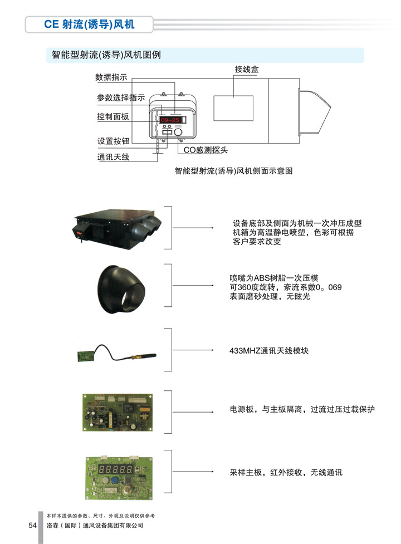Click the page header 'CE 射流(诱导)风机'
point(89,24)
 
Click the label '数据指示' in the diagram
point(111,77)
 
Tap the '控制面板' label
point(113,116)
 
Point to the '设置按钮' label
point(114,141)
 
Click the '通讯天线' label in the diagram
point(113,157)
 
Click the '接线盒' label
point(247,70)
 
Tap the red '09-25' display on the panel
point(170,120)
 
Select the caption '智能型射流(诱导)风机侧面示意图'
point(233,171)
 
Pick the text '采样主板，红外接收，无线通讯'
point(286,472)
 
